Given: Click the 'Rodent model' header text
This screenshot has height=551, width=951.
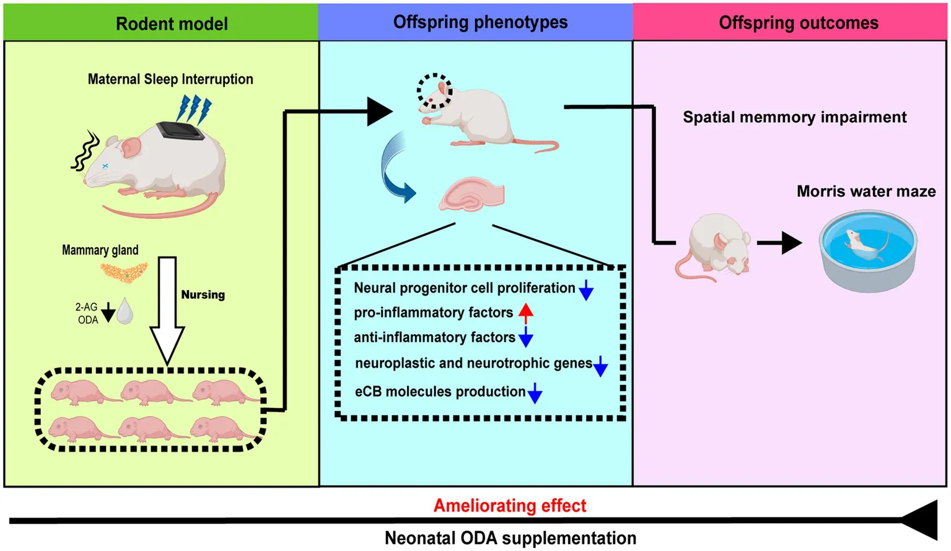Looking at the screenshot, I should coord(172,24).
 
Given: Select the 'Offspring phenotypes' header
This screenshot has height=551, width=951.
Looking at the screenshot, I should coord(480,22).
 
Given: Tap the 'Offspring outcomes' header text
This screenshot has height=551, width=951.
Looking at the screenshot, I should coord(799,23).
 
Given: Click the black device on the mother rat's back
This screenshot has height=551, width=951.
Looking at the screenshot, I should coord(180,131).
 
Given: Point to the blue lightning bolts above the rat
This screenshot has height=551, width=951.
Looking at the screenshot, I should coord(194,108).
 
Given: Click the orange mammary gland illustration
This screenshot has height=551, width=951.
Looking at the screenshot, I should coord(125,271).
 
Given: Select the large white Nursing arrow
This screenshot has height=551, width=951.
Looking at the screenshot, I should coord(167,310).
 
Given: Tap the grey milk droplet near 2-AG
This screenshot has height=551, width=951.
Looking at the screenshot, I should coord(125,311).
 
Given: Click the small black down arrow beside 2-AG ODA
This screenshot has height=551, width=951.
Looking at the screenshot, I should coord(108,312).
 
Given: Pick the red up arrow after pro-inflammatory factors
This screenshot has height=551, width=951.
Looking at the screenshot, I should coord(526,312).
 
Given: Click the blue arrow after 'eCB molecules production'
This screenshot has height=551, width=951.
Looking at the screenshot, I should coord(535,393).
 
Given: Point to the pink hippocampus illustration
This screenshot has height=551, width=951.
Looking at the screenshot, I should coord(472,195).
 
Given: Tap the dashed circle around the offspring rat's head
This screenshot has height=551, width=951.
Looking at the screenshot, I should coord(434,91).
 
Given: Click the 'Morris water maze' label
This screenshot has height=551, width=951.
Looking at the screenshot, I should coord(866,192).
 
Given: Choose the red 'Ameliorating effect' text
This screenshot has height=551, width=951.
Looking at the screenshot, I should coord(509,506).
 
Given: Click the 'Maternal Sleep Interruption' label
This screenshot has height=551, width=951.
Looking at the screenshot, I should coord(170,79).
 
